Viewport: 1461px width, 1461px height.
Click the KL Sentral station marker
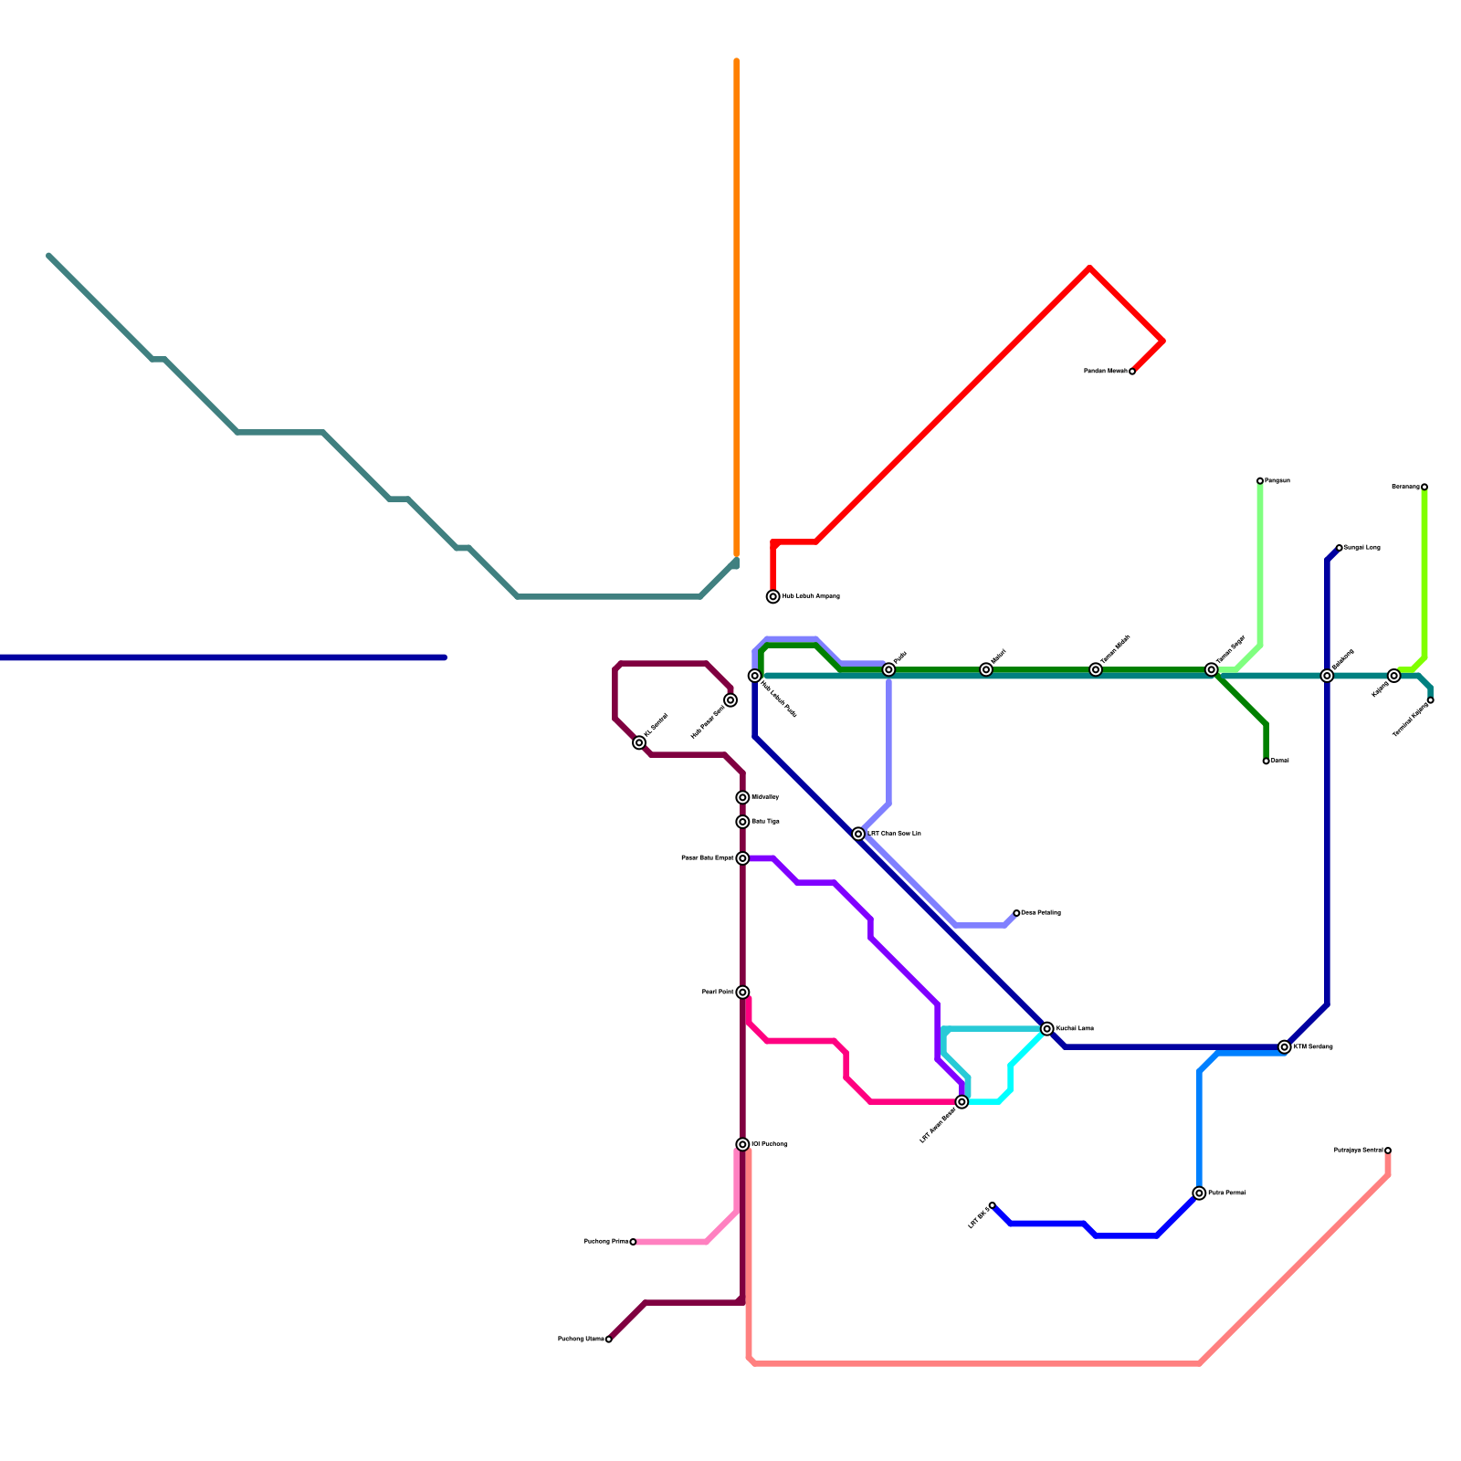point(639,742)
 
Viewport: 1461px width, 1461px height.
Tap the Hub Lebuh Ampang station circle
point(773,596)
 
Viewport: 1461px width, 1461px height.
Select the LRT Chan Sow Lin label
point(894,834)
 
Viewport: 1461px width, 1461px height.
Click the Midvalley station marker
point(743,797)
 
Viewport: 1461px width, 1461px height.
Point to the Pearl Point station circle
point(743,992)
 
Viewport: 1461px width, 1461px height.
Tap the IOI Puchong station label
point(769,1144)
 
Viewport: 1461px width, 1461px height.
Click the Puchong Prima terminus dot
point(633,1242)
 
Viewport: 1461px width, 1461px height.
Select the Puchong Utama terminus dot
point(609,1340)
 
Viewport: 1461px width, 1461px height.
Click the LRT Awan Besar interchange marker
point(962,1102)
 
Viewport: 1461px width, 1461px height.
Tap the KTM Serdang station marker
point(1285,1046)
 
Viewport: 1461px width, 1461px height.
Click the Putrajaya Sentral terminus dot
point(1388,1151)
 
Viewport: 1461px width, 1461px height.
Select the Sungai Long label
point(1361,548)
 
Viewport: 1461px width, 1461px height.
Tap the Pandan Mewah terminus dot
point(1132,372)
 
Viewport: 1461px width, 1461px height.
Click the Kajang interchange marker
point(1394,676)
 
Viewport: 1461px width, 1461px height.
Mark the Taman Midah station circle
point(1096,669)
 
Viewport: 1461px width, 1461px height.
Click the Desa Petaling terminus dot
point(1016,913)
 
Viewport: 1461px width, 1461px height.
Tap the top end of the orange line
point(737,61)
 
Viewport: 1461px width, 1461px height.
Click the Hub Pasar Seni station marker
point(730,700)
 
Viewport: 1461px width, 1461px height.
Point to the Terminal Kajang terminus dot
point(1431,700)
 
